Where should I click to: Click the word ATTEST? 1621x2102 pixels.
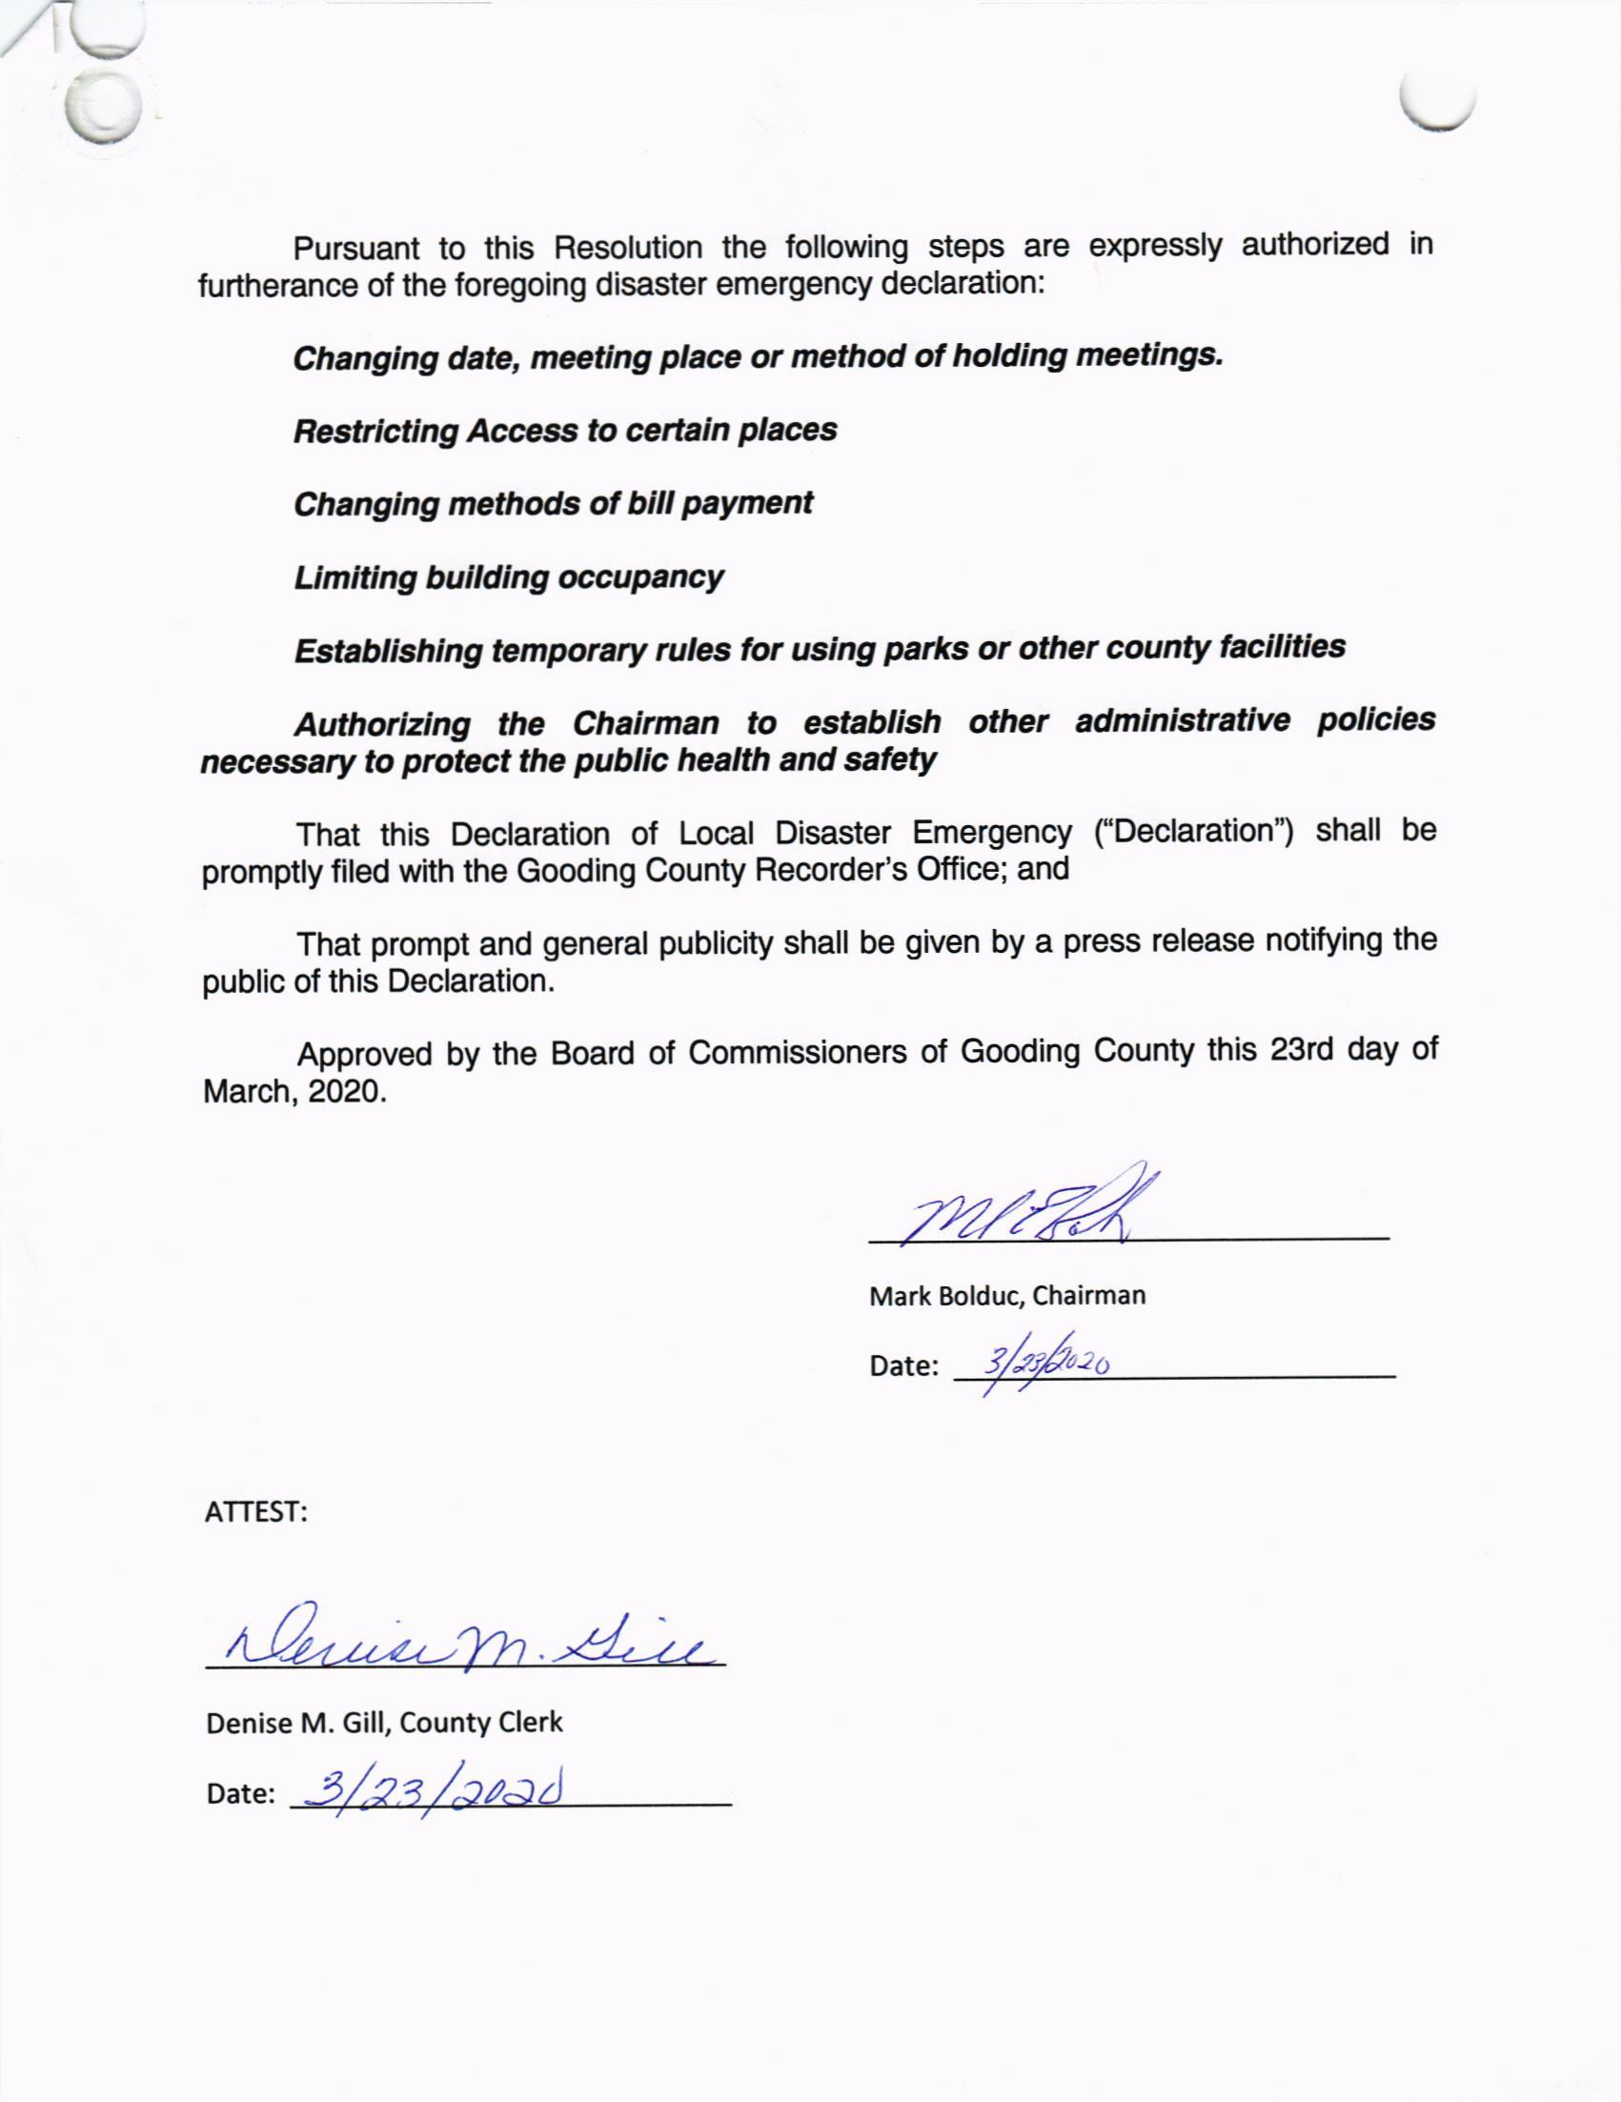(x=255, y=1512)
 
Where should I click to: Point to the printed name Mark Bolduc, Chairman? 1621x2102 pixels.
(x=1007, y=1296)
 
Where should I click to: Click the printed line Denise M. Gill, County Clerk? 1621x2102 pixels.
(x=384, y=1722)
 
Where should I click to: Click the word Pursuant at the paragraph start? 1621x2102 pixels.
(x=356, y=250)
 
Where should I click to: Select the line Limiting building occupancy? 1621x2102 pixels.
(x=508, y=577)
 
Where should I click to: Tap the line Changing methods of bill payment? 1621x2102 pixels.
(x=554, y=503)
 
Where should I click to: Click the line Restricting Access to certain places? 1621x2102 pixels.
(x=565, y=431)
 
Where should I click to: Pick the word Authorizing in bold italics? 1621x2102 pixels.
(x=382, y=724)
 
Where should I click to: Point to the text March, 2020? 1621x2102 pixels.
(x=294, y=1091)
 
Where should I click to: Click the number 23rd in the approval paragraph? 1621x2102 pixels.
(x=1299, y=1049)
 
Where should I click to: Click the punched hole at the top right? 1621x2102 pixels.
(x=1438, y=101)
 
